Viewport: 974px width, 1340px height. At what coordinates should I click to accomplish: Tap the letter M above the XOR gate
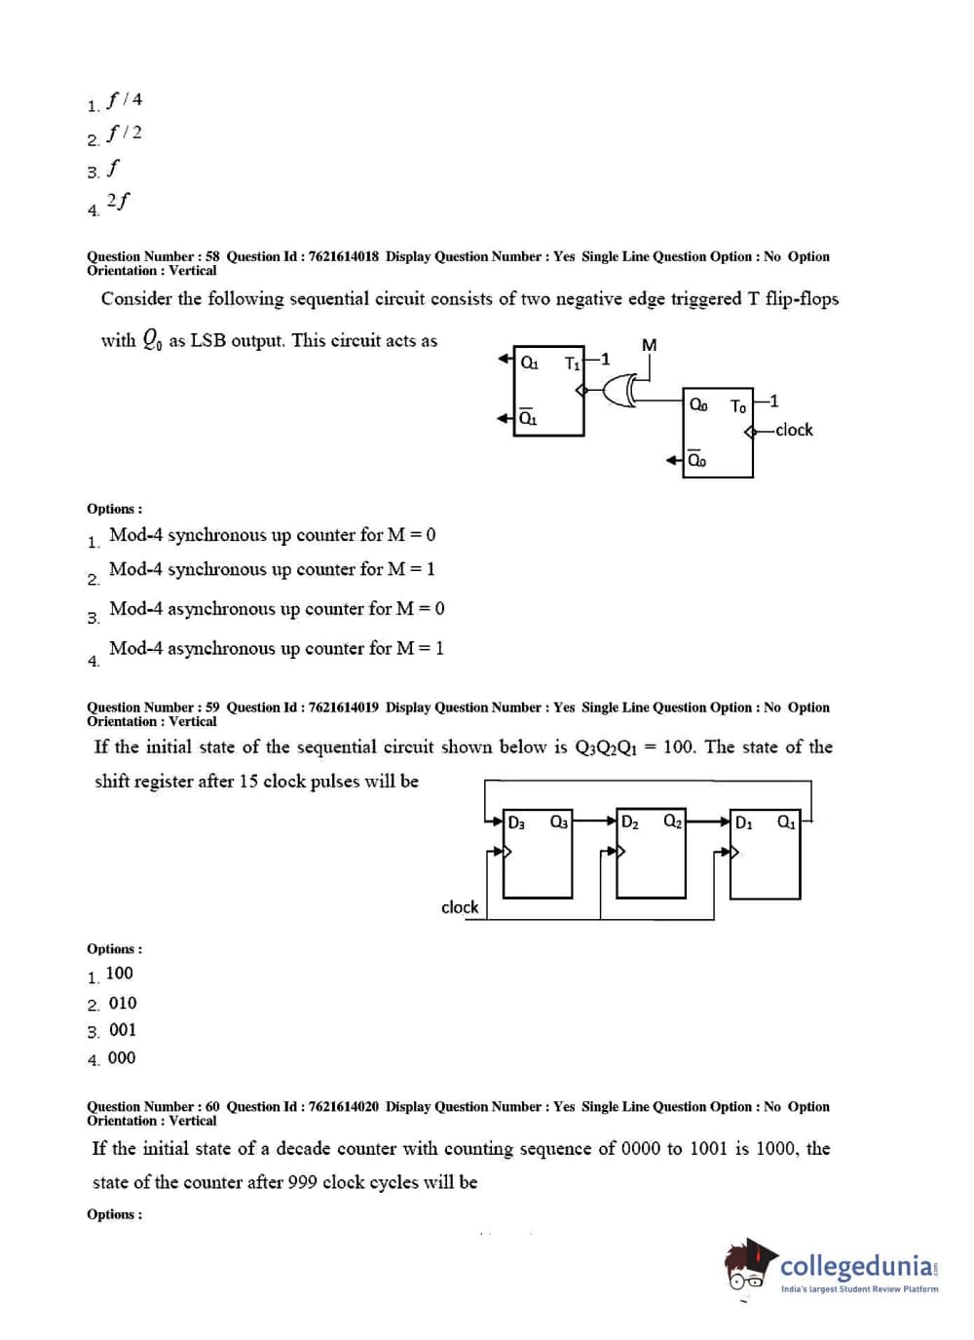(x=650, y=345)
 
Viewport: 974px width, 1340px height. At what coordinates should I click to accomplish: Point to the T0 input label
(x=737, y=405)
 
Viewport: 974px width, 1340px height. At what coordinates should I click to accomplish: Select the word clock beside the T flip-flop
(x=794, y=430)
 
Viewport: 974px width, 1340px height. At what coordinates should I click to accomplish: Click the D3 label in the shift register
(x=516, y=823)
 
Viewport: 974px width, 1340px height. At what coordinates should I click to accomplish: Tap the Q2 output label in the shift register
(x=672, y=822)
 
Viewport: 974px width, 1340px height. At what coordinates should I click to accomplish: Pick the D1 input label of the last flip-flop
(x=743, y=823)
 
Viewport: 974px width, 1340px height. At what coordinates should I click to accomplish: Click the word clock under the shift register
(x=460, y=907)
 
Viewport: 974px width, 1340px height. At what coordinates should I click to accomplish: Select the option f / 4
(x=125, y=99)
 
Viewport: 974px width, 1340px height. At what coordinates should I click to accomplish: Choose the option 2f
(x=118, y=201)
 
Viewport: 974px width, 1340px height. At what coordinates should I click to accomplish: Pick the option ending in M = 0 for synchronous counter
(x=272, y=535)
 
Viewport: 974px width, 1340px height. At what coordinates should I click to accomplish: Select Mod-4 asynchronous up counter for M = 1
(x=277, y=648)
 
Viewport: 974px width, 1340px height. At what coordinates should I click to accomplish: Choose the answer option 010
(x=123, y=1003)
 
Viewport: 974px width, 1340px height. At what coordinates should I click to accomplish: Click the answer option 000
(x=122, y=1057)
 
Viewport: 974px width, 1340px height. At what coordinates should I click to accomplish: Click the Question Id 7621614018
(x=343, y=256)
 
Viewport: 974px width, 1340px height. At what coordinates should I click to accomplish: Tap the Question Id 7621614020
(x=343, y=1106)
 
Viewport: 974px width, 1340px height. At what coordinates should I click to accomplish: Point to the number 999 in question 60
(x=303, y=1182)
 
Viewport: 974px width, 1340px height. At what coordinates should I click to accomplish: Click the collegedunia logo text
(x=857, y=1266)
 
